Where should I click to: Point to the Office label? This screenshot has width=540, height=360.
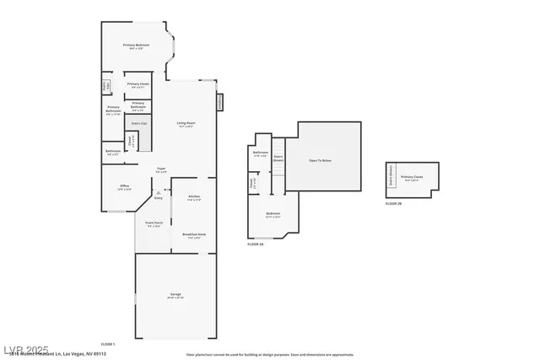click(x=124, y=187)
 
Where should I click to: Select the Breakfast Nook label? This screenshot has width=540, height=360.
click(x=194, y=235)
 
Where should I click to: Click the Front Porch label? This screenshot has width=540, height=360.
click(x=154, y=224)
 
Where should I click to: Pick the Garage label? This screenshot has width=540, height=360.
click(x=175, y=295)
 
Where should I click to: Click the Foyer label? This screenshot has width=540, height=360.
click(x=160, y=169)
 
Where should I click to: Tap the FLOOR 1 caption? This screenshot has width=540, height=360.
click(x=108, y=345)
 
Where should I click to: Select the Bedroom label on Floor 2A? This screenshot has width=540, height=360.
click(x=273, y=214)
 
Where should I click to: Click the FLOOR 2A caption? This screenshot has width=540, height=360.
click(x=256, y=244)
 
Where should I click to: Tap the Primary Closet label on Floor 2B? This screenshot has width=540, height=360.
click(x=413, y=177)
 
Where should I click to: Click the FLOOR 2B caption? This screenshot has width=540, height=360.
click(x=394, y=204)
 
